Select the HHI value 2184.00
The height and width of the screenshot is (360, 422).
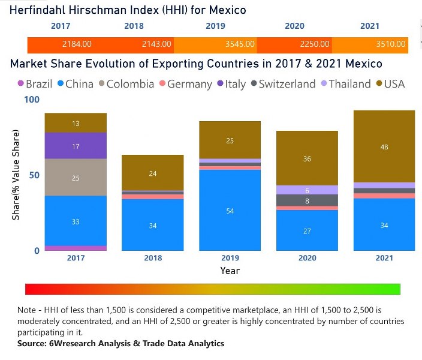[77, 44]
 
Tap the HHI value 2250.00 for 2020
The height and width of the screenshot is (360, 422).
[315, 44]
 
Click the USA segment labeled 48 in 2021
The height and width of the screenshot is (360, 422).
[384, 146]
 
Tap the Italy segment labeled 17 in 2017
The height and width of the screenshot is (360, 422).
[76, 146]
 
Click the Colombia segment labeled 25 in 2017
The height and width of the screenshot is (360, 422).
[76, 178]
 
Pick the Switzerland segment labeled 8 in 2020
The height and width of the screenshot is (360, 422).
[308, 200]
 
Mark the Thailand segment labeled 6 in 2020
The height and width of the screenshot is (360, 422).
[308, 190]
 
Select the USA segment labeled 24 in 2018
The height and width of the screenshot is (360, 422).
[152, 173]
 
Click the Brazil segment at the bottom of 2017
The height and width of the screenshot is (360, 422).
[76, 248]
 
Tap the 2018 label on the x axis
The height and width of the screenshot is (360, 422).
[152, 258]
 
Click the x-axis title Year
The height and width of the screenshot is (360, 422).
[230, 271]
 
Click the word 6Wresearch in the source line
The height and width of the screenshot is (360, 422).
[73, 343]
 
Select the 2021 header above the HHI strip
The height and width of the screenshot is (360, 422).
[369, 26]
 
